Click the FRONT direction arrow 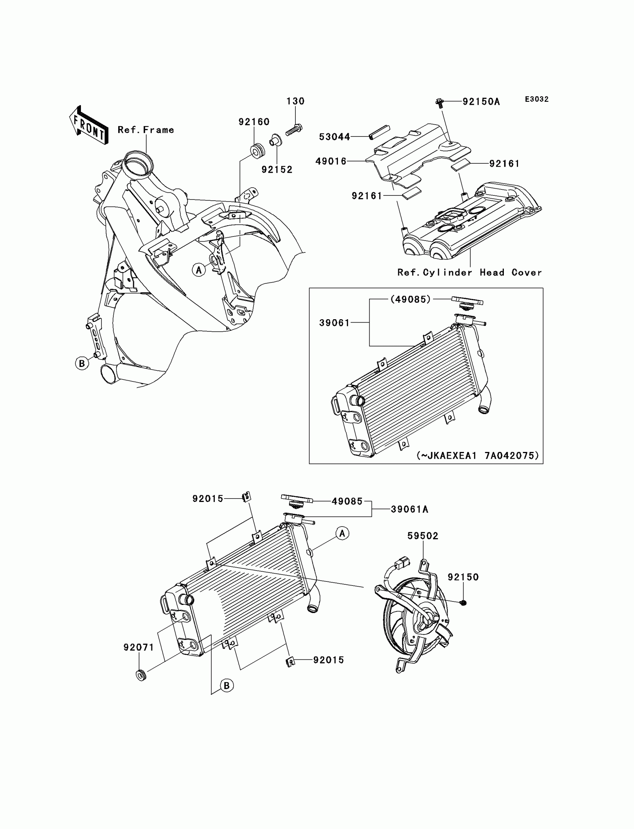point(89,125)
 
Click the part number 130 point(295,101)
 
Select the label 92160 point(254,122)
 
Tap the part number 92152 point(277,170)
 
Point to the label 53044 point(335,137)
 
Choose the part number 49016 point(331,161)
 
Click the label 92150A point(481,102)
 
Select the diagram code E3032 point(536,99)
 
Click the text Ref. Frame point(146,130)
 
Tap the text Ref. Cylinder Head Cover point(470,273)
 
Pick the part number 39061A point(409,509)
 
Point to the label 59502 point(423,536)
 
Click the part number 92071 point(139,647)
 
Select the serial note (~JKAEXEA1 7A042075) point(477,456)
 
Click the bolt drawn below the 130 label point(294,130)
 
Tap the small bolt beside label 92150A point(439,102)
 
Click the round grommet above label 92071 point(141,675)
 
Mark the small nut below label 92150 point(464,603)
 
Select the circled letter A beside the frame point(199,270)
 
